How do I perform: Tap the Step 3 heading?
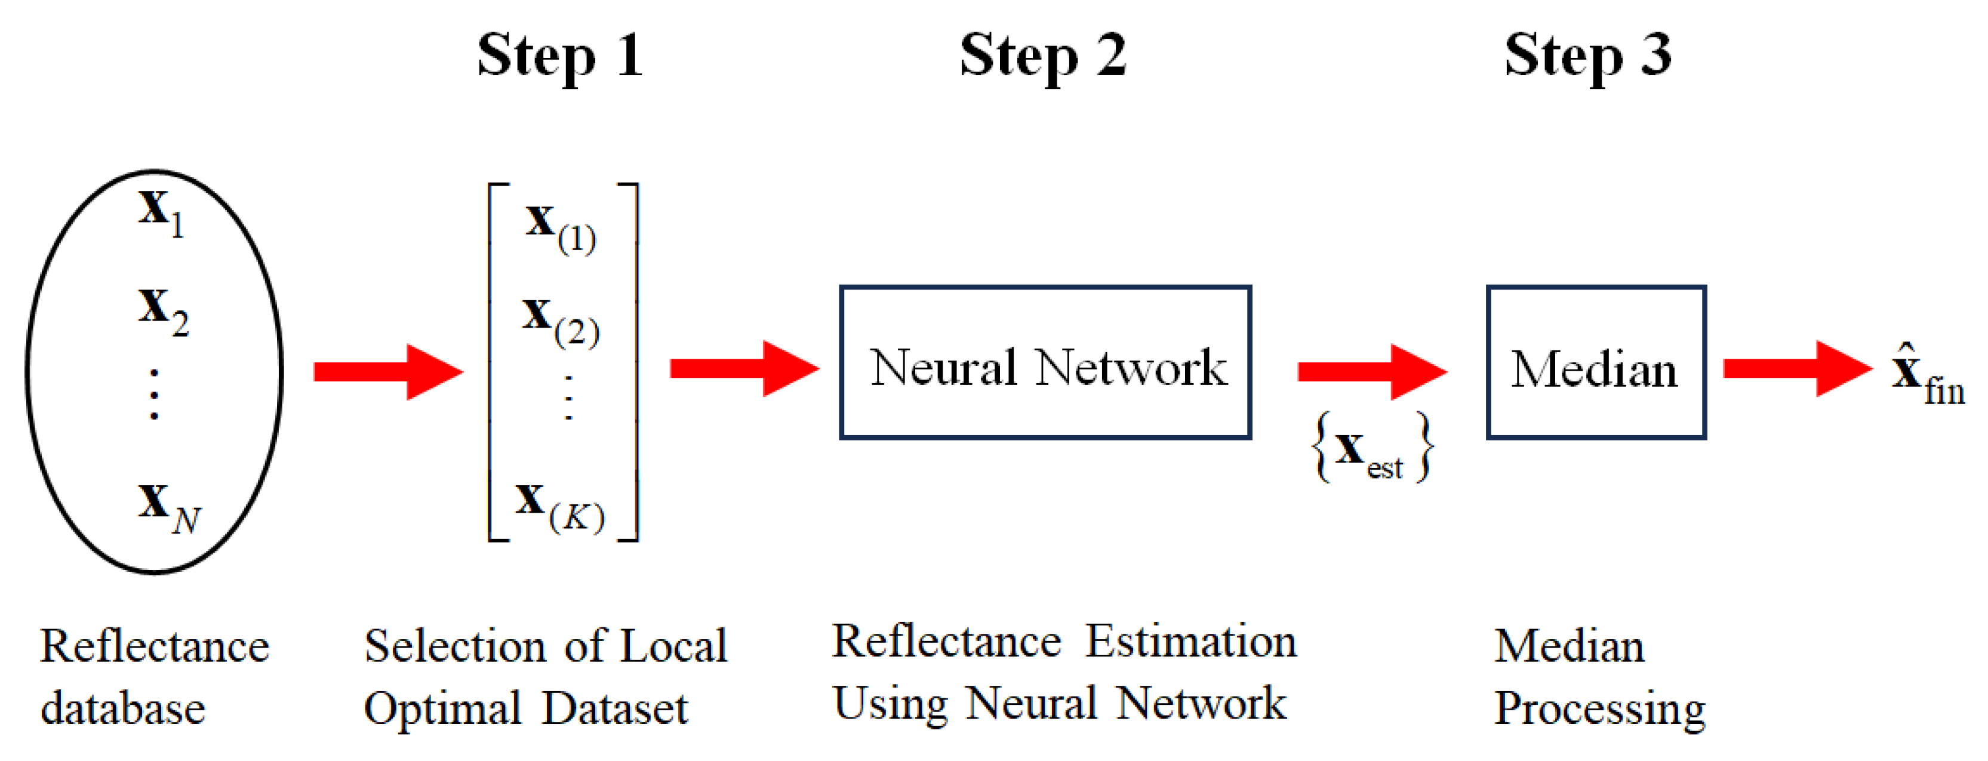tap(1588, 56)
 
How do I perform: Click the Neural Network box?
tap(1046, 363)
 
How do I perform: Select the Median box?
tap(1596, 363)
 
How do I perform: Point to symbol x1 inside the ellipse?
tap(161, 213)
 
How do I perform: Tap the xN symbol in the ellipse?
tap(168, 506)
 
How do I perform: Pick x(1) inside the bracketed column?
tap(561, 227)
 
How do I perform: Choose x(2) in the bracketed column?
tap(561, 321)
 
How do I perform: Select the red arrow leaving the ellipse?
tap(388, 372)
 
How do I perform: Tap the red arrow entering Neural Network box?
tap(744, 369)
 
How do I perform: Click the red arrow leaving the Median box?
tap(1796, 369)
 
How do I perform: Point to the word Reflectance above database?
tap(155, 647)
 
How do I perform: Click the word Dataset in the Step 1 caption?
tap(614, 708)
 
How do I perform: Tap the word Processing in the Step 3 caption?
tap(1599, 708)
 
